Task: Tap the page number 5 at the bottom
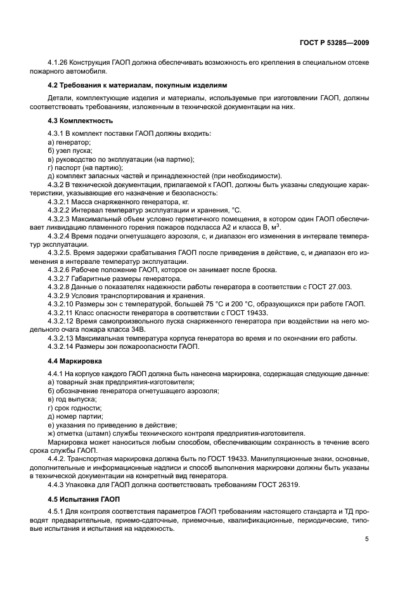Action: pos(368,540)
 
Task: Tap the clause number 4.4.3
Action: pos(58,485)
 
